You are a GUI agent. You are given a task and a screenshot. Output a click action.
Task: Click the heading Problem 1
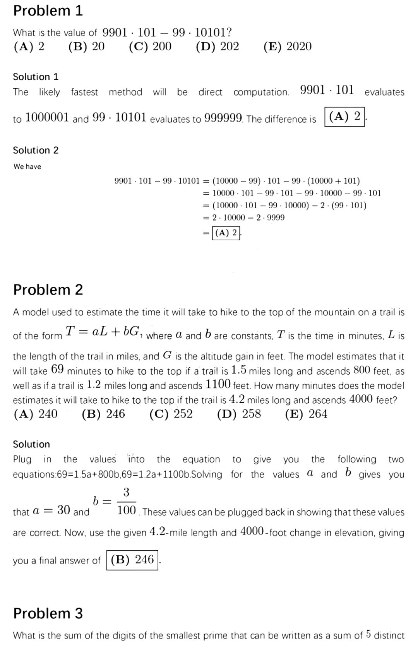pyautogui.click(x=48, y=11)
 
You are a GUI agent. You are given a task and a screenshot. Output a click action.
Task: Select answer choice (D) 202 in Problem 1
pyautogui.click(x=217, y=46)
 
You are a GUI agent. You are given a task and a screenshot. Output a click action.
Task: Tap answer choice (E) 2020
pyautogui.click(x=287, y=46)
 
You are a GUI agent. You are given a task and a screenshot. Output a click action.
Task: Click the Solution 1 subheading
pyautogui.click(x=36, y=77)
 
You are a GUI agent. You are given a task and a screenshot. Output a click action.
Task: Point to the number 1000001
pyautogui.click(x=47, y=117)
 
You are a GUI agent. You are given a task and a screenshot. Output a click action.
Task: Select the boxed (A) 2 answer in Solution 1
pyautogui.click(x=344, y=116)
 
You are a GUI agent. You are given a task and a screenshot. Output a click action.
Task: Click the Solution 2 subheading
pyautogui.click(x=36, y=150)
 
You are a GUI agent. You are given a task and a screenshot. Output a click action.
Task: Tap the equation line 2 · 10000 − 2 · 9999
pyautogui.click(x=248, y=217)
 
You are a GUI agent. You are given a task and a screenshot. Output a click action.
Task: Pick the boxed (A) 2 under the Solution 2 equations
pyautogui.click(x=226, y=233)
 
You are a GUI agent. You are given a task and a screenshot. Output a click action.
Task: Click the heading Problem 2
pyautogui.click(x=48, y=289)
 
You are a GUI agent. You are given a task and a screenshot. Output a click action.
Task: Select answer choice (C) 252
pyautogui.click(x=171, y=414)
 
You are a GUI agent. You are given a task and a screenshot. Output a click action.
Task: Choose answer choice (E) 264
pyautogui.click(x=306, y=414)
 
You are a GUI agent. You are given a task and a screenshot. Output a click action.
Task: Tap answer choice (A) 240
pyautogui.click(x=36, y=414)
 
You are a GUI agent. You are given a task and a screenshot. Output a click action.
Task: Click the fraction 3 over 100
pyautogui.click(x=126, y=502)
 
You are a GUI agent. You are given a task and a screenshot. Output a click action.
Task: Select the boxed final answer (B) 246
pyautogui.click(x=132, y=560)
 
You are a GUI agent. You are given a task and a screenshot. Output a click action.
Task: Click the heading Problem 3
pyautogui.click(x=48, y=613)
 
